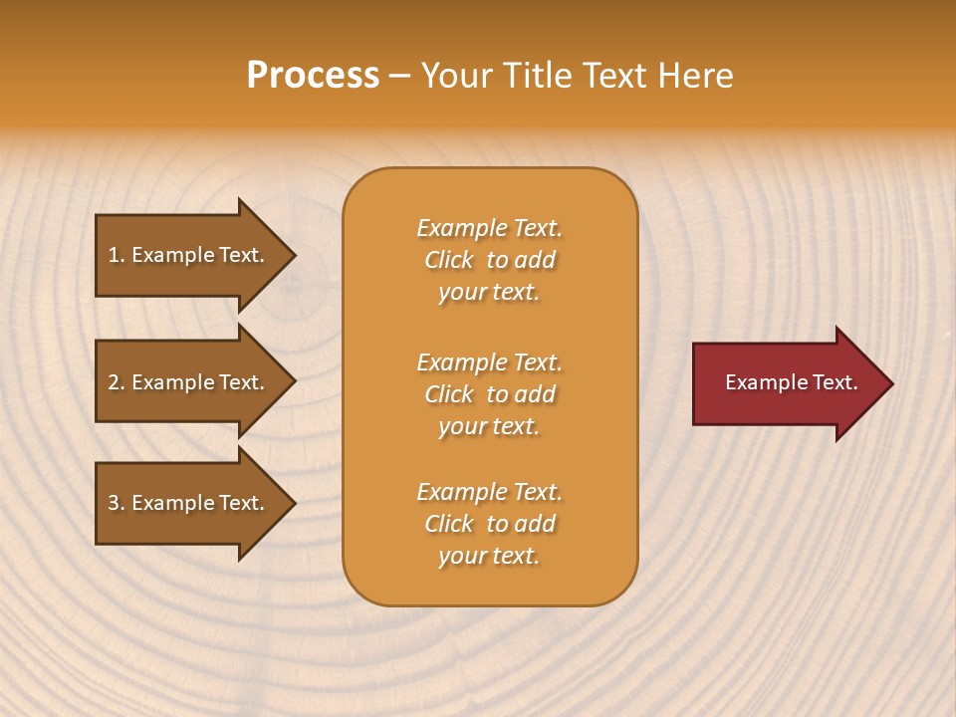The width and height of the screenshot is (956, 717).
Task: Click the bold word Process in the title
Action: [313, 75]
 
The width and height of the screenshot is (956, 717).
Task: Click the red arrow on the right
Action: [787, 383]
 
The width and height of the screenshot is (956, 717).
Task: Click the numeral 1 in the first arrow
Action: [114, 255]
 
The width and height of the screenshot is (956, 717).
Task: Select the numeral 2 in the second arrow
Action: [114, 382]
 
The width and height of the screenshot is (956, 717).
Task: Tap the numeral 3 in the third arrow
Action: [114, 503]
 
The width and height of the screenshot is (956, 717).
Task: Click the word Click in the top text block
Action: [449, 260]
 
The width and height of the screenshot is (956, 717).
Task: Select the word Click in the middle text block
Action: [449, 394]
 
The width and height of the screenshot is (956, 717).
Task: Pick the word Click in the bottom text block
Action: [449, 524]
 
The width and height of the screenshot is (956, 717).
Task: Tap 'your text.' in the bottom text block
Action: [489, 556]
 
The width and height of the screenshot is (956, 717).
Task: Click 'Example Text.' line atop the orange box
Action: [489, 228]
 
